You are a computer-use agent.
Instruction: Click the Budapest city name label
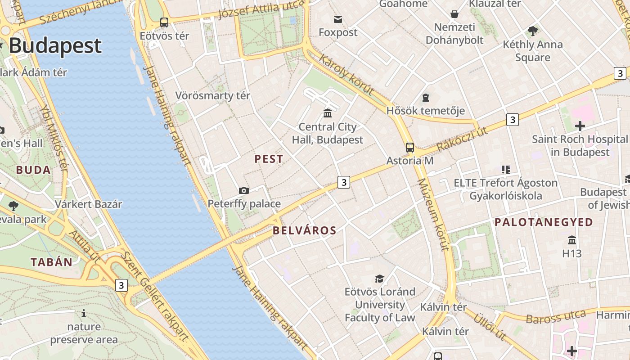[55, 46]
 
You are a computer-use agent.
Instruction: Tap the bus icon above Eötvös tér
[164, 22]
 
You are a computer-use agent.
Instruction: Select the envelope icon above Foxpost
[337, 19]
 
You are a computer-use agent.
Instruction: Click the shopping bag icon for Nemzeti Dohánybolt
[454, 14]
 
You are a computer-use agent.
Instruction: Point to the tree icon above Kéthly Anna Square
[533, 31]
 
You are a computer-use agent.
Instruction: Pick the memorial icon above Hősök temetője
[425, 97]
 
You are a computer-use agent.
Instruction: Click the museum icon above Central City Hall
[328, 113]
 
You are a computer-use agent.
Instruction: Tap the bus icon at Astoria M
[409, 147]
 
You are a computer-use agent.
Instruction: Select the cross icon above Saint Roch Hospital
[580, 126]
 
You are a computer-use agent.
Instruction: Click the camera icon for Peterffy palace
[243, 190]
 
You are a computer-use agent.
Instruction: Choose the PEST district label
[269, 159]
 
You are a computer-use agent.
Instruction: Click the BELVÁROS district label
[304, 231]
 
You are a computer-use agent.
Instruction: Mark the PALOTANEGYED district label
[544, 222]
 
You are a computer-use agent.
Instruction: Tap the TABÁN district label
[51, 262]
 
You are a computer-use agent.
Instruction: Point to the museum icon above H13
[572, 239]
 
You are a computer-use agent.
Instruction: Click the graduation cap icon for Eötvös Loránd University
[380, 279]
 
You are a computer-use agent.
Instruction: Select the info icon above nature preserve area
[83, 313]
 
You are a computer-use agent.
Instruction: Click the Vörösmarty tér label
[212, 96]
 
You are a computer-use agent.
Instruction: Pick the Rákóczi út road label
[462, 139]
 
